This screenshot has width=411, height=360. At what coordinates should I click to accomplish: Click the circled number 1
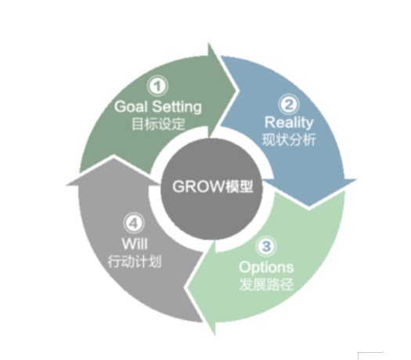tap(157, 86)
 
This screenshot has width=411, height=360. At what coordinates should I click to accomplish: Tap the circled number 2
tap(289, 104)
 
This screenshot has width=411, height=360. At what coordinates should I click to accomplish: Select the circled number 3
tap(266, 247)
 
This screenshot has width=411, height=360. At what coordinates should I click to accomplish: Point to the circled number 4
tap(134, 223)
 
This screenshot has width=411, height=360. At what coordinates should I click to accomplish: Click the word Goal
tap(131, 106)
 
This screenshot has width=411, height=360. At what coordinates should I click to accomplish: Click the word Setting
tap(177, 107)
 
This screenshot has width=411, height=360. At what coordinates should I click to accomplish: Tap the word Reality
tap(289, 123)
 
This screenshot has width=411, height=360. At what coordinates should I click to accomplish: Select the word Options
tap(266, 268)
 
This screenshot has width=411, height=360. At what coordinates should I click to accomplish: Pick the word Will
tap(135, 243)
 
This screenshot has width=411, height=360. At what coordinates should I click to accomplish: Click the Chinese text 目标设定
tap(158, 124)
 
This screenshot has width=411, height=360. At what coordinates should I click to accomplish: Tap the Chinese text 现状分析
tap(289, 139)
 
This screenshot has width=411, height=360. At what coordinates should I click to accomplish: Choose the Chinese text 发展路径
tap(266, 284)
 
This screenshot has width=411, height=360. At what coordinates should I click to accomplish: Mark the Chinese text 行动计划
tap(135, 261)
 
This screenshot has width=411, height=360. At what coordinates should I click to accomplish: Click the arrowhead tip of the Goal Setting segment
tap(238, 91)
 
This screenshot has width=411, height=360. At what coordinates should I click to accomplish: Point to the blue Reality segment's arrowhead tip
tap(308, 208)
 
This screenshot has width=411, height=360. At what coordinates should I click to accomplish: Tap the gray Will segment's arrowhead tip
tap(114, 156)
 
